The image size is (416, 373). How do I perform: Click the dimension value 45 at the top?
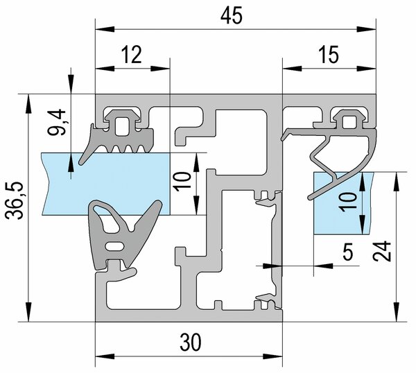[232, 15]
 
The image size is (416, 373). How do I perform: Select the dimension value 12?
[132, 55]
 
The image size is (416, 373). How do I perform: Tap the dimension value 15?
[329, 55]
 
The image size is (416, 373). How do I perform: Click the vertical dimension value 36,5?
[15, 200]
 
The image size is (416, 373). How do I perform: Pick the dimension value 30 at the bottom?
[191, 342]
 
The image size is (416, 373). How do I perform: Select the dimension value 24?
[382, 251]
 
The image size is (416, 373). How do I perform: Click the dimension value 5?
[348, 252]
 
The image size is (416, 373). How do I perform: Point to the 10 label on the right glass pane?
[348, 202]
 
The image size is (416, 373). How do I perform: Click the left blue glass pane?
[105, 184]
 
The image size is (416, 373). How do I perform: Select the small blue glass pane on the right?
[343, 203]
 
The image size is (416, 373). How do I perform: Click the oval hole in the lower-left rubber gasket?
[115, 246]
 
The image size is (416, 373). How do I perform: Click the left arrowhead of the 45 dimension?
[105, 29]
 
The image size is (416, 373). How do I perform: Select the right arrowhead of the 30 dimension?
[272, 356]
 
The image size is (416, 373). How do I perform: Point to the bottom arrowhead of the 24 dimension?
[397, 312]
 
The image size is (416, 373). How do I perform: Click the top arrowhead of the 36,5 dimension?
[28, 104]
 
